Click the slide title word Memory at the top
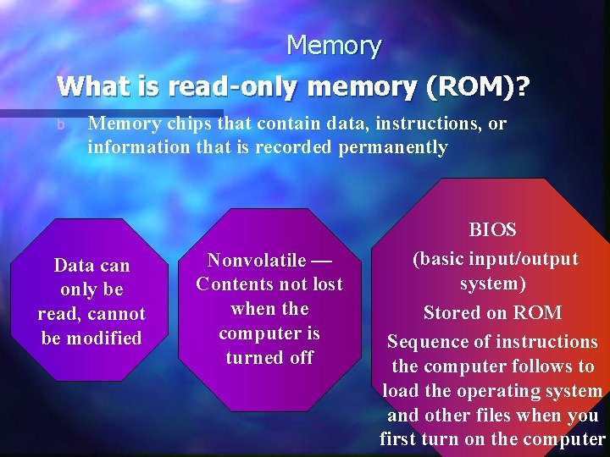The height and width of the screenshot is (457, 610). click(334, 45)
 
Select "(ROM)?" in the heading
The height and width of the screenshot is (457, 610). click(475, 86)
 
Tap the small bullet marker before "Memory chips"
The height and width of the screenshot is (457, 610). click(60, 125)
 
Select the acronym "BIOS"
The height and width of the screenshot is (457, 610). click(492, 230)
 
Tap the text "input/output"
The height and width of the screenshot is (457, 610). click(525, 258)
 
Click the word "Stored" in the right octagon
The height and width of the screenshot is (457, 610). click(452, 312)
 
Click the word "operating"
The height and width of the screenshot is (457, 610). click(493, 391)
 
